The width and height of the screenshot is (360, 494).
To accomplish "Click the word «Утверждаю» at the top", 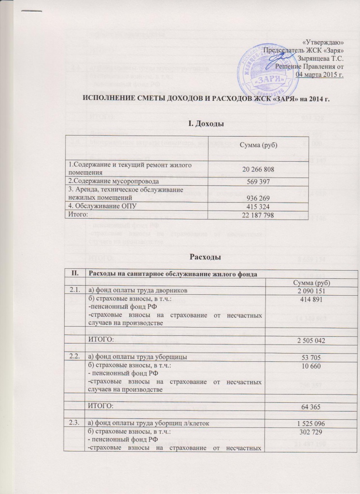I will (x=325, y=42).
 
